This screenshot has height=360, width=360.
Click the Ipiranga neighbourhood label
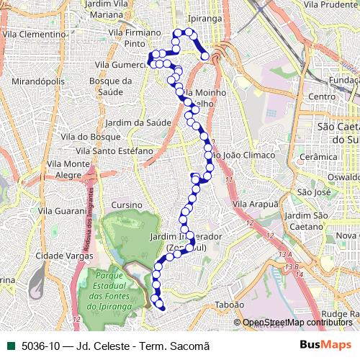point(204,19)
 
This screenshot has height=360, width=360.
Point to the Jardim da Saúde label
point(141,122)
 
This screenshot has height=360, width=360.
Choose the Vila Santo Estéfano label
point(114,151)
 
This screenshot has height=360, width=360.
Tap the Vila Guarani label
point(61,211)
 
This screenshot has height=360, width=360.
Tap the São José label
point(313,192)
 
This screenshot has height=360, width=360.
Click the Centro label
point(322,96)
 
